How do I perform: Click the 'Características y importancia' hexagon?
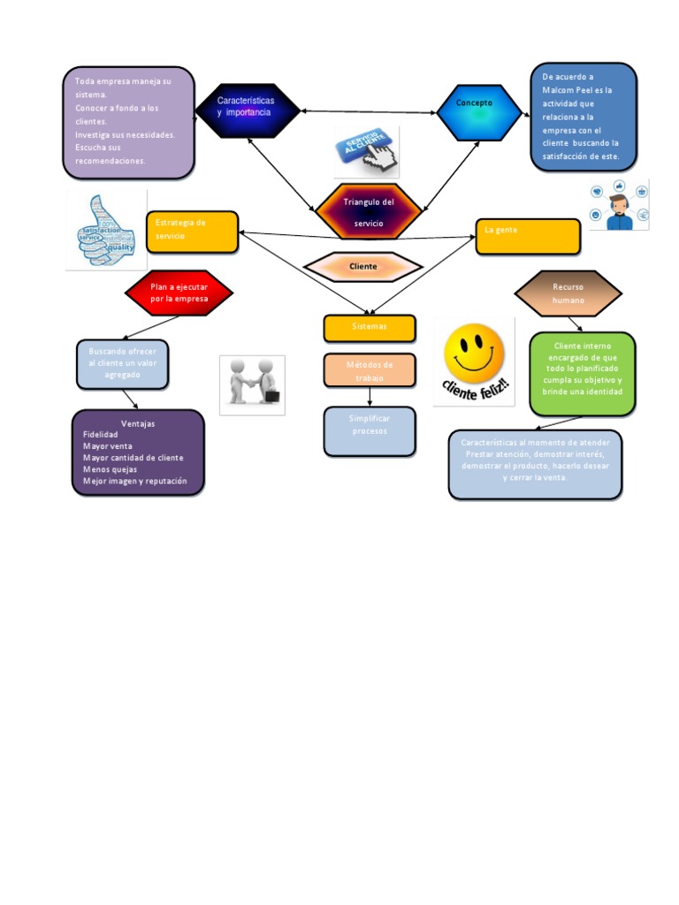coord(247,110)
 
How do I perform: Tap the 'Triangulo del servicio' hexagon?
coord(369,212)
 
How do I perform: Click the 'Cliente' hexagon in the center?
coord(363,266)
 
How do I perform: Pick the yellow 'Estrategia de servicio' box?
coord(192,232)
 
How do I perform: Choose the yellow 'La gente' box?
coord(528,236)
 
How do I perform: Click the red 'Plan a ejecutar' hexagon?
coord(179,293)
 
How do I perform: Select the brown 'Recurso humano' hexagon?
coord(568,293)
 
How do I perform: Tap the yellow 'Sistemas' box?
coord(369,328)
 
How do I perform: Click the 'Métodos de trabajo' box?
coord(369,370)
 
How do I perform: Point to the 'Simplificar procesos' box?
coord(369,430)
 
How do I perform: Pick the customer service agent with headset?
coord(620,205)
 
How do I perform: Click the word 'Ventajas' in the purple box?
coord(138,423)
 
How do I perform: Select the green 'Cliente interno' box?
coord(582,373)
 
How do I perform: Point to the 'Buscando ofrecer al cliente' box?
coord(122,363)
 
